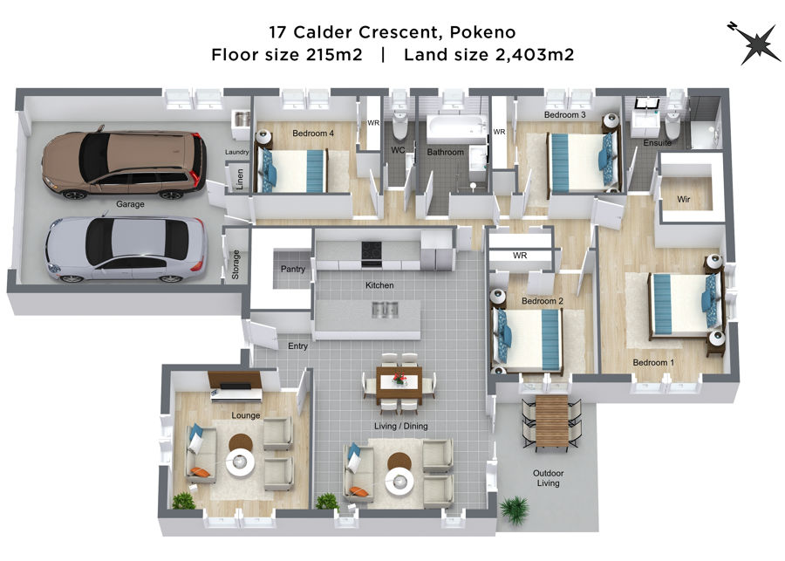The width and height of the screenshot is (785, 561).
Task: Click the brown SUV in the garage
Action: coord(124,163)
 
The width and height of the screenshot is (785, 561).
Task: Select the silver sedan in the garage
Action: coord(126,249)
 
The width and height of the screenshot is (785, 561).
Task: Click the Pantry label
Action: coord(293,269)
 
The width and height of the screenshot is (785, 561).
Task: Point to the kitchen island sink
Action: coord(385,310)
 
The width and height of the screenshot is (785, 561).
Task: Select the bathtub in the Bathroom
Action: coord(456,129)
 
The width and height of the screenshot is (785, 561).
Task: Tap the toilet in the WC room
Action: coord(399,126)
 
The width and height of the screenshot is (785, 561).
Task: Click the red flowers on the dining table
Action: coord(399,378)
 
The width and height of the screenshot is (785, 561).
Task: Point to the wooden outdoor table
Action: coord(552,421)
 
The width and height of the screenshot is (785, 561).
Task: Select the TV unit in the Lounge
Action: coord(235,387)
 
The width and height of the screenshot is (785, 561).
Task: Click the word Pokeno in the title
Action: coord(482,32)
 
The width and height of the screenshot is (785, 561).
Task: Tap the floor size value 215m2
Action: coord(334,54)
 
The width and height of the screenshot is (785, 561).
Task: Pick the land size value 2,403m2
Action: coord(534,54)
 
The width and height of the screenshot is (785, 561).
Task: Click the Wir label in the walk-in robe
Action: coord(683,199)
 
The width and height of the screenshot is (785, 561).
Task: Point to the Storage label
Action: coord(235,264)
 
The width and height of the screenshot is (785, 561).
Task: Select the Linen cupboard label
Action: coord(240,179)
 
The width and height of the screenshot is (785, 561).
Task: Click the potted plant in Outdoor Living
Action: coord(514,510)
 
